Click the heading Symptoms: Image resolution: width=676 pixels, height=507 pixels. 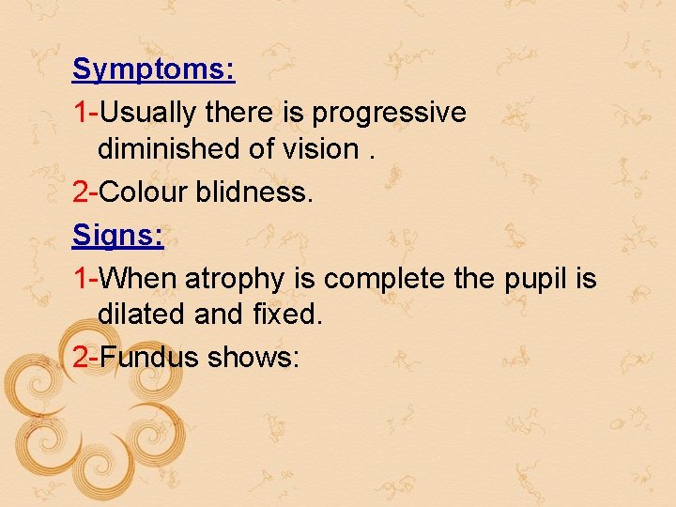[x=153, y=70]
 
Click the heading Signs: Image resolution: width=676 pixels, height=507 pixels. [x=118, y=236]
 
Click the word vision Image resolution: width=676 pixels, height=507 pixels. [x=318, y=149]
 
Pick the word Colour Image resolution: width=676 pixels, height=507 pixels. [x=144, y=192]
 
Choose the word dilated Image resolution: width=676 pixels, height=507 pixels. [x=142, y=315]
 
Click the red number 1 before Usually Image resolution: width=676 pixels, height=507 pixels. [x=80, y=113]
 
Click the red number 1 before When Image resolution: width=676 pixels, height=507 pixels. [x=80, y=279]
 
